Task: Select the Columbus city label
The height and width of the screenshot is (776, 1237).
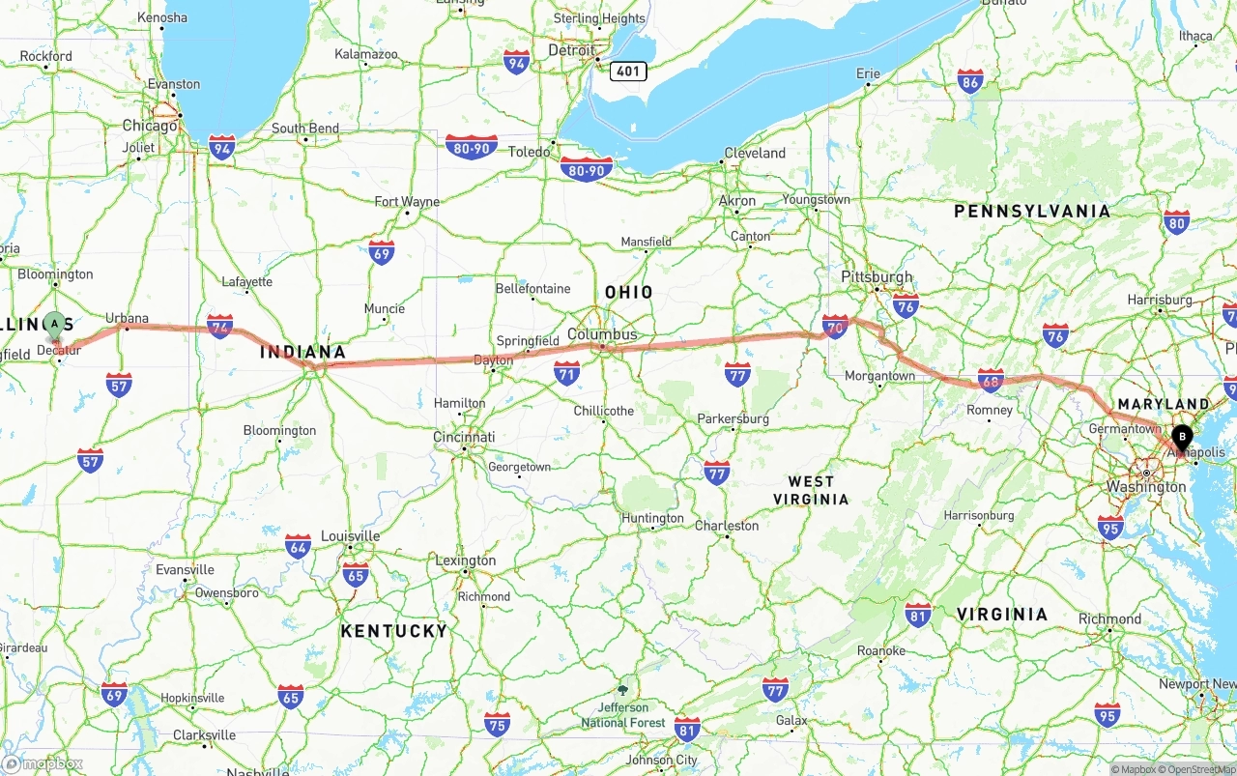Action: click(x=602, y=334)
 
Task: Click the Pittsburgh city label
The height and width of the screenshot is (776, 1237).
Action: click(x=877, y=277)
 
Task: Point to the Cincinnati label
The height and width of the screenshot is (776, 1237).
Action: click(x=465, y=437)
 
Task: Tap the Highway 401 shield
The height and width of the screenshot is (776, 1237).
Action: click(x=628, y=71)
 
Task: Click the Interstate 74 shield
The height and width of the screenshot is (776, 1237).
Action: click(x=219, y=326)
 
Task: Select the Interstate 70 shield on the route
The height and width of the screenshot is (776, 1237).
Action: click(x=835, y=326)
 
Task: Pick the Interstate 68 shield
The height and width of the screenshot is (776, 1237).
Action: click(x=990, y=380)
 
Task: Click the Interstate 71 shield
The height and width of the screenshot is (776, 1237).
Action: click(x=567, y=373)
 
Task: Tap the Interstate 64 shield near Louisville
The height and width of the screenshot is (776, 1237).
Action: click(x=298, y=546)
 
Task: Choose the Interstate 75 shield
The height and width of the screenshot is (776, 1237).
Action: click(x=498, y=724)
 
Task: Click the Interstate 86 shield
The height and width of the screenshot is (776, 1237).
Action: click(x=970, y=81)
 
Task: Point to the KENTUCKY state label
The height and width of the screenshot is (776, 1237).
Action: click(x=394, y=631)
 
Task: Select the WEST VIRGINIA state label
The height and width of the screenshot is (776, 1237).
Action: click(x=811, y=490)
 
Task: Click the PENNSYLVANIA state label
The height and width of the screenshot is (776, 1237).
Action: click(x=1032, y=211)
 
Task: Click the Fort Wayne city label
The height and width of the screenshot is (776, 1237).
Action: click(x=407, y=202)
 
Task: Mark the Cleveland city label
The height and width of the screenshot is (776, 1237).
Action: click(x=755, y=153)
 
